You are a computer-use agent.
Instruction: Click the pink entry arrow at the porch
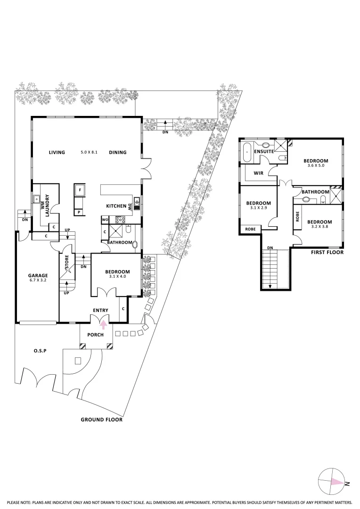pos(104,325)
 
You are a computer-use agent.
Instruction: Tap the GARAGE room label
pos(38,276)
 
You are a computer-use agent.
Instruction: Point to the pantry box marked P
pos(79,212)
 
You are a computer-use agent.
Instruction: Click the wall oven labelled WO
pos(105,220)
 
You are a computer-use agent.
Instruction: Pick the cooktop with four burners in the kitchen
pos(120,220)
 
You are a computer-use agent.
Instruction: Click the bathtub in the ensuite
pos(247,152)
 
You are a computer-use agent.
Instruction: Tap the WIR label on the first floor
pos(258,173)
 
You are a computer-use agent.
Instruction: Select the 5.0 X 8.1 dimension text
pos(89,152)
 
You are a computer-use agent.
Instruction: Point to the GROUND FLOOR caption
pos(102,420)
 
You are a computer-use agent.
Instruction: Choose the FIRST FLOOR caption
pos(327,252)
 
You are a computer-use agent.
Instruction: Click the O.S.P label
pos(40,351)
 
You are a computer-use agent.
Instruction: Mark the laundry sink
pos(36,199)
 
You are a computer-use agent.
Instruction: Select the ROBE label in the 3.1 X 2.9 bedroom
pos(250,229)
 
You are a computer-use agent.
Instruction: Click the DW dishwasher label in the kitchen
pos(130,207)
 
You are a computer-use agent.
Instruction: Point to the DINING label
pos(117,152)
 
